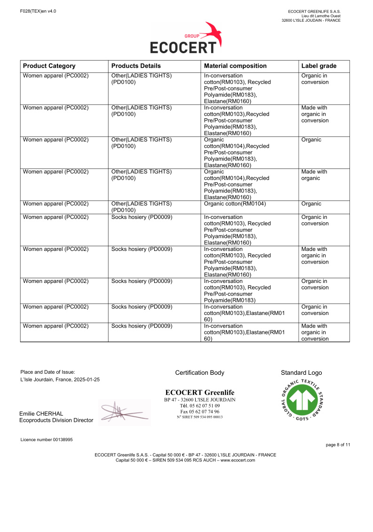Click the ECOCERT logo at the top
(186, 39)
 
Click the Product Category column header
(49, 66)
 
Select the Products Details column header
(136, 66)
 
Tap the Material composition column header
(235, 66)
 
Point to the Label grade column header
(318, 66)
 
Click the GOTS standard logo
(301, 400)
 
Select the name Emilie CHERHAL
(41, 414)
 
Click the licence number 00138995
(59, 440)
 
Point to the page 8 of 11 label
(338, 444)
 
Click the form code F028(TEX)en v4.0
(38, 11)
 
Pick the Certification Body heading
(199, 373)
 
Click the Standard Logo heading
(301, 373)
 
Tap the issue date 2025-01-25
(86, 379)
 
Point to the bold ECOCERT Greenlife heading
(199, 393)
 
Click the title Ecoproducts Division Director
(56, 420)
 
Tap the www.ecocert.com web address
(238, 460)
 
